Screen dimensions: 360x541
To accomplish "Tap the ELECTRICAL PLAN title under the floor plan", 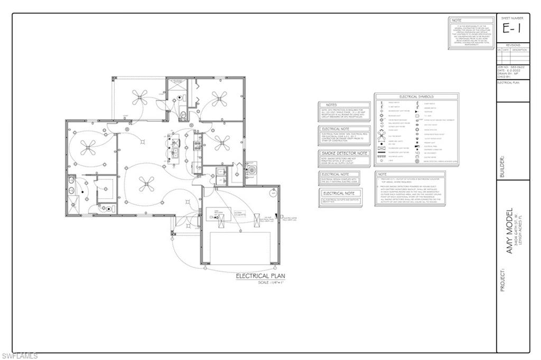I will point(260,276).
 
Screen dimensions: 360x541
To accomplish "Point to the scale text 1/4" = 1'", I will point(270,282).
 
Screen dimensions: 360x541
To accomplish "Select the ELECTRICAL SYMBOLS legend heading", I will point(416,97).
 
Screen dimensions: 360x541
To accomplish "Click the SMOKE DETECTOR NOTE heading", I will point(344,153).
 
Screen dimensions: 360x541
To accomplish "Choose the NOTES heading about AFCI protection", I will point(331,105).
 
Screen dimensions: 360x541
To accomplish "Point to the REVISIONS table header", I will point(513,45).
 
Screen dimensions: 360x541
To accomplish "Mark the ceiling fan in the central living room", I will point(144,184).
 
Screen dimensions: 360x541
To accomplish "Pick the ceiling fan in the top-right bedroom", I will point(218,97).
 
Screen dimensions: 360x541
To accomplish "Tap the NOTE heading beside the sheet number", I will point(457,21).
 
